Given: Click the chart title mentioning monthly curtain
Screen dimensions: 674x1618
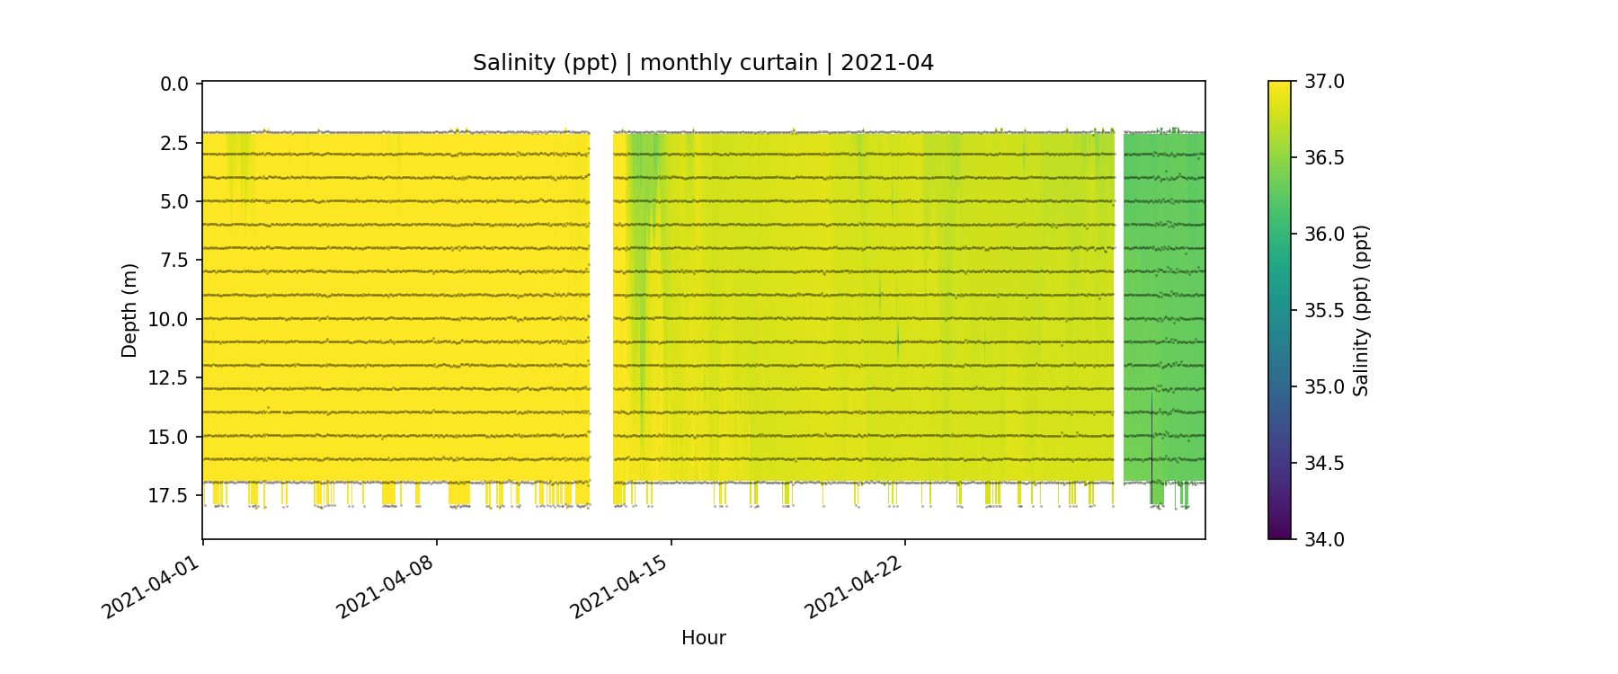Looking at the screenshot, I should coord(703,63).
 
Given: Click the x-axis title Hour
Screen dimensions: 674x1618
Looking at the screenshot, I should coord(703,638).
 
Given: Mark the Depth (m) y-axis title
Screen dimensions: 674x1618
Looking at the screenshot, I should coord(129,310).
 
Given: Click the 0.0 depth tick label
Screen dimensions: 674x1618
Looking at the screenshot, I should coord(174,84).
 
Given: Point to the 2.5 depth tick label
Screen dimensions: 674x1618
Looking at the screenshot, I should coord(174,144).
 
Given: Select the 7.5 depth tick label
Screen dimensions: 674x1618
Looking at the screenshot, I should coord(174,261).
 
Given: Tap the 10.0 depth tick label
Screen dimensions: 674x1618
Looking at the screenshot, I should coord(170,320).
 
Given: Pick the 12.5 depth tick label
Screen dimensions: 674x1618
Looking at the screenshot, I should coord(170,378).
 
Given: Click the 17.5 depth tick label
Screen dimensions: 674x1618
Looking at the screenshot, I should coord(170,496).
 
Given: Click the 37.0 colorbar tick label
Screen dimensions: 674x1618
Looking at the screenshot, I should coord(1324,82).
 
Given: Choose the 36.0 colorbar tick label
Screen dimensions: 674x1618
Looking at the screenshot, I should coord(1324,235).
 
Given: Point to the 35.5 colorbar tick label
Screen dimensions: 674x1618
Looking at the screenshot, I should coord(1324,311).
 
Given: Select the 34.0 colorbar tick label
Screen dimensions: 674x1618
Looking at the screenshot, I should coord(1324,539).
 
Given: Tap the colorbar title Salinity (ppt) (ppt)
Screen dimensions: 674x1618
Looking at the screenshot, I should coord(1361,310).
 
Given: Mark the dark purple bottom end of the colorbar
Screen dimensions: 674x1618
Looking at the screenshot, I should coord(1279,534).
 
